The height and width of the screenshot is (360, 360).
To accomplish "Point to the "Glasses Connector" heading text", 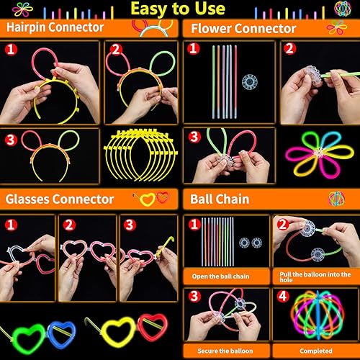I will click(x=60, y=199).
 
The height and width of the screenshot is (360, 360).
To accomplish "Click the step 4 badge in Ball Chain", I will click(x=282, y=296).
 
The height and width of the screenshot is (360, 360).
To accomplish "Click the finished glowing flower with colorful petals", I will click(x=315, y=152).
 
